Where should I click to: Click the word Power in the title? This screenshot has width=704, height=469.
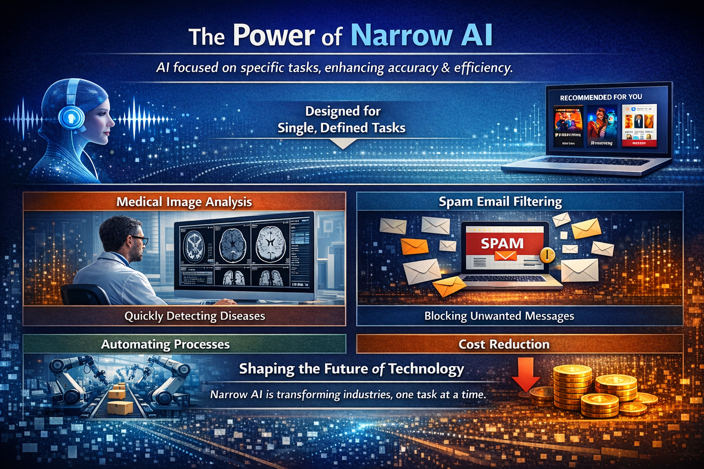click(274, 36)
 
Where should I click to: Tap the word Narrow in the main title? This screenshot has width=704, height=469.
click(401, 36)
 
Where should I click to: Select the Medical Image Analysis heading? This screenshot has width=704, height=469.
click(184, 202)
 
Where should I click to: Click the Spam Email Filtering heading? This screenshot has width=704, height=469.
click(500, 202)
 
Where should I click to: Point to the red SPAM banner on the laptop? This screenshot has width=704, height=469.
click(502, 243)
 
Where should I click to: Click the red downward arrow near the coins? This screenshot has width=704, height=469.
click(526, 373)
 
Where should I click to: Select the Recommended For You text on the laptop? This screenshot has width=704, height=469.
click(601, 97)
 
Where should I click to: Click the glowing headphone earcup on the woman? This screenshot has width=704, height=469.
click(71, 118)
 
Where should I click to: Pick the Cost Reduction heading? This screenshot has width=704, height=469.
click(504, 344)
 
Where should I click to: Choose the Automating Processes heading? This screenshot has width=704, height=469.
click(165, 344)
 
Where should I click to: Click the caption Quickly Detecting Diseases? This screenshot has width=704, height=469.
click(195, 316)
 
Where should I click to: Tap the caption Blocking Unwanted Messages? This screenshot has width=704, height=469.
click(499, 316)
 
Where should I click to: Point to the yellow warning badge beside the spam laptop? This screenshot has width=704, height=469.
click(547, 255)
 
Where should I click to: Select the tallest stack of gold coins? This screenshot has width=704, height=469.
click(572, 385)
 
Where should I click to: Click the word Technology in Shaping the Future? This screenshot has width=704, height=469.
click(426, 369)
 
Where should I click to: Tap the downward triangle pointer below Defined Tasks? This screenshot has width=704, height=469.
click(343, 145)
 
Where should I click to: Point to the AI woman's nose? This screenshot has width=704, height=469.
click(113, 123)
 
